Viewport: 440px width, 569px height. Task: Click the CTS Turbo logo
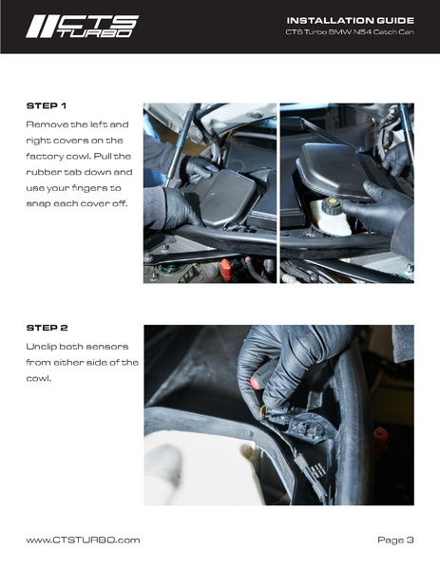[x=83, y=27]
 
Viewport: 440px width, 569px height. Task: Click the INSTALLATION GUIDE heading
[x=351, y=20]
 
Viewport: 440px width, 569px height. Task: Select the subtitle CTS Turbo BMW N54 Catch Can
[x=350, y=32]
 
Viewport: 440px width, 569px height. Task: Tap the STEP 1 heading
[x=47, y=106]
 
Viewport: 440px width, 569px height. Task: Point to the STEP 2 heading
[x=48, y=328]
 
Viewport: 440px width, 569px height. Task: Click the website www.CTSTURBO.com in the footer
[x=83, y=541]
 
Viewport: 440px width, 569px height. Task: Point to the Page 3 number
[x=395, y=541]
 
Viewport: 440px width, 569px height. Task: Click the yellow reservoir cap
[x=332, y=201]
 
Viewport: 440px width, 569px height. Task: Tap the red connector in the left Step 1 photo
[x=226, y=269]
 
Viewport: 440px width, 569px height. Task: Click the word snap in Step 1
[x=38, y=204]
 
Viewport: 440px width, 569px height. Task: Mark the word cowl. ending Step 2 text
[x=38, y=378]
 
